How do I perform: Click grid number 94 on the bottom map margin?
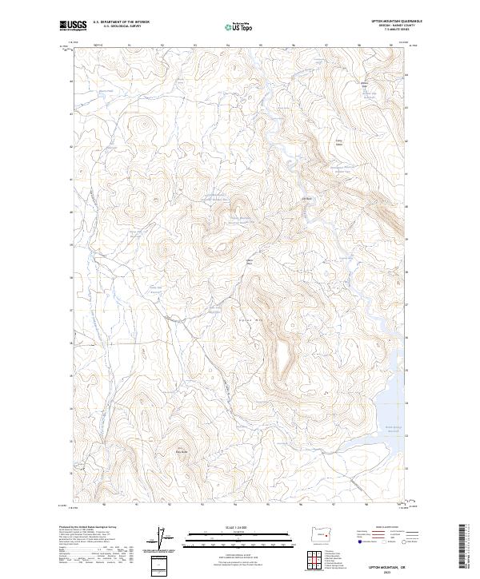coord(235,505)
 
